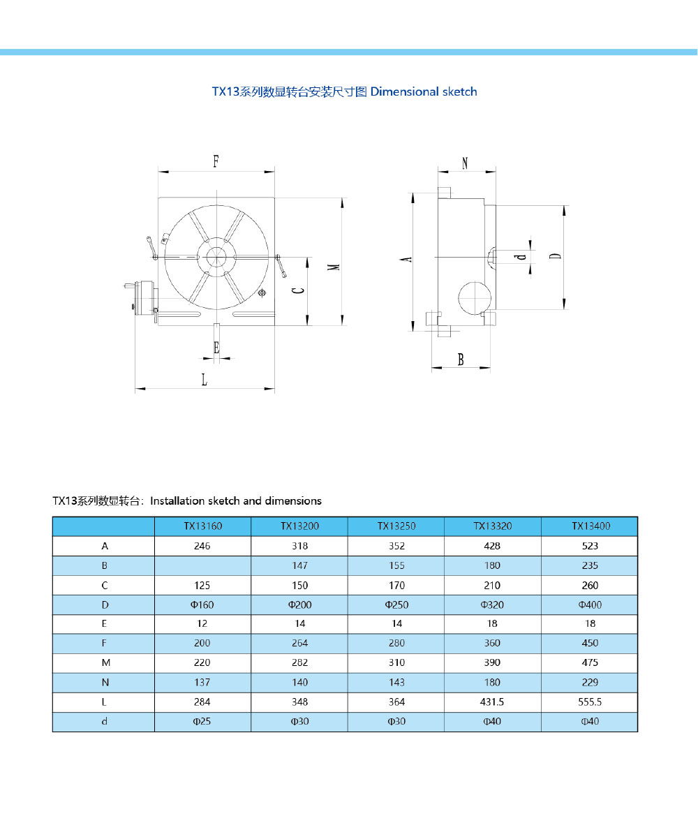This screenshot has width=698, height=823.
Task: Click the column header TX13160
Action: point(202,526)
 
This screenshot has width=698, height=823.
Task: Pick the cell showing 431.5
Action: point(493,702)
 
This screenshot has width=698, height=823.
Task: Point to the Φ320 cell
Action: point(493,605)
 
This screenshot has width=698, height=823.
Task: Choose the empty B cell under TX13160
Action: point(202,565)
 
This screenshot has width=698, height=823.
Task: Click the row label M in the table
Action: point(104,663)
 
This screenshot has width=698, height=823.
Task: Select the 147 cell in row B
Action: point(299,565)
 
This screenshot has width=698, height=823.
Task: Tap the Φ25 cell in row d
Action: point(202,722)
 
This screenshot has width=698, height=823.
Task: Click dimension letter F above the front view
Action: point(216,161)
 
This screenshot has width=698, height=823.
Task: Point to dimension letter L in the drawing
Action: point(204,380)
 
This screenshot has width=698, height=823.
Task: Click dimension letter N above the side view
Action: point(466,163)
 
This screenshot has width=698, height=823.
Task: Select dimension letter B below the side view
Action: point(461,360)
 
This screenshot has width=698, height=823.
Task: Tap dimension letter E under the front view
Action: point(216,347)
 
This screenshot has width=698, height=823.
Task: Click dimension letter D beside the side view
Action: point(555,255)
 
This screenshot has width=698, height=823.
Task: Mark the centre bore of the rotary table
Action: point(216,256)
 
